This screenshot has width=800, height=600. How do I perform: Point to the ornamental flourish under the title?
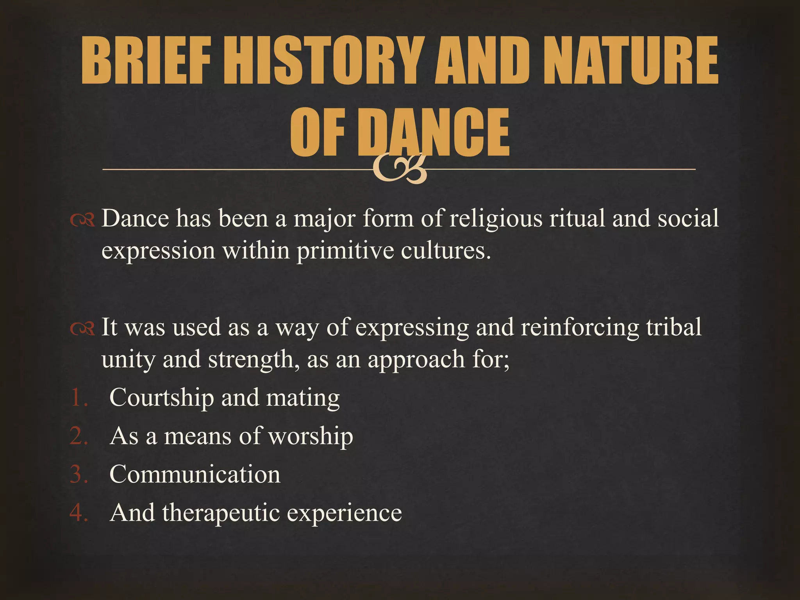[x=400, y=169]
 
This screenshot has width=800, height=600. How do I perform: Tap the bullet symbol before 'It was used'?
[x=82, y=330]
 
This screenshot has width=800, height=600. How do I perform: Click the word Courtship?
[x=161, y=398]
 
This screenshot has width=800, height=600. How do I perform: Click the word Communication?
[x=195, y=475]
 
